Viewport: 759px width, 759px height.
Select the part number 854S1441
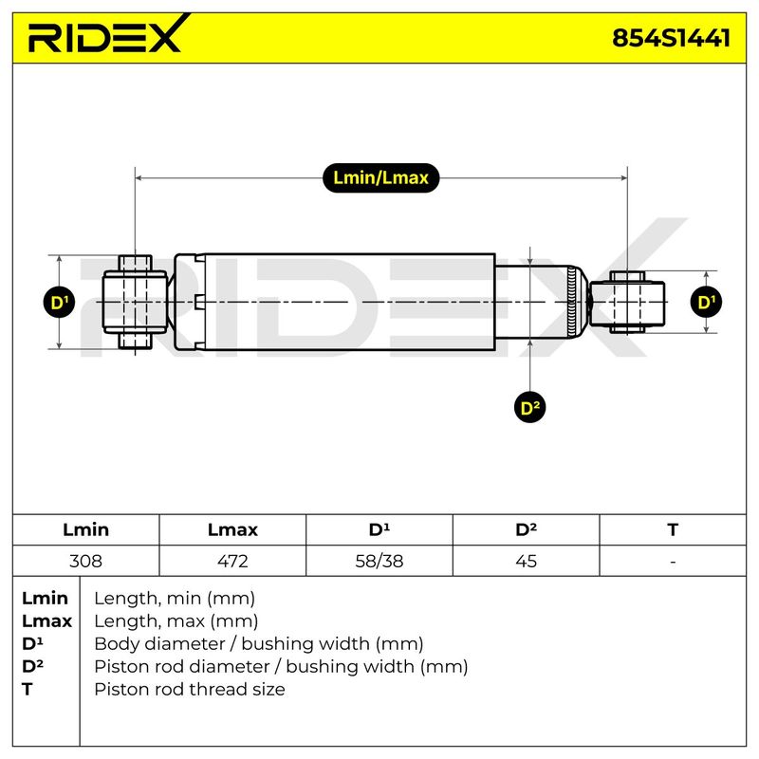672,38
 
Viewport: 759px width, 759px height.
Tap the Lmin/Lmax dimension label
381,177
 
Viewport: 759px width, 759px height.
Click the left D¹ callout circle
59,302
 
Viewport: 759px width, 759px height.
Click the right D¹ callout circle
706,302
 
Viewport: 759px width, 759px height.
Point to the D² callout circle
530,407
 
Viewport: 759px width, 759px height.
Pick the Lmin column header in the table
85,529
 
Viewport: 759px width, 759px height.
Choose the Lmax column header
232,529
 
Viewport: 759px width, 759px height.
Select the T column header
673,529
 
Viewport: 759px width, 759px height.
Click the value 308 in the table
85,561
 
